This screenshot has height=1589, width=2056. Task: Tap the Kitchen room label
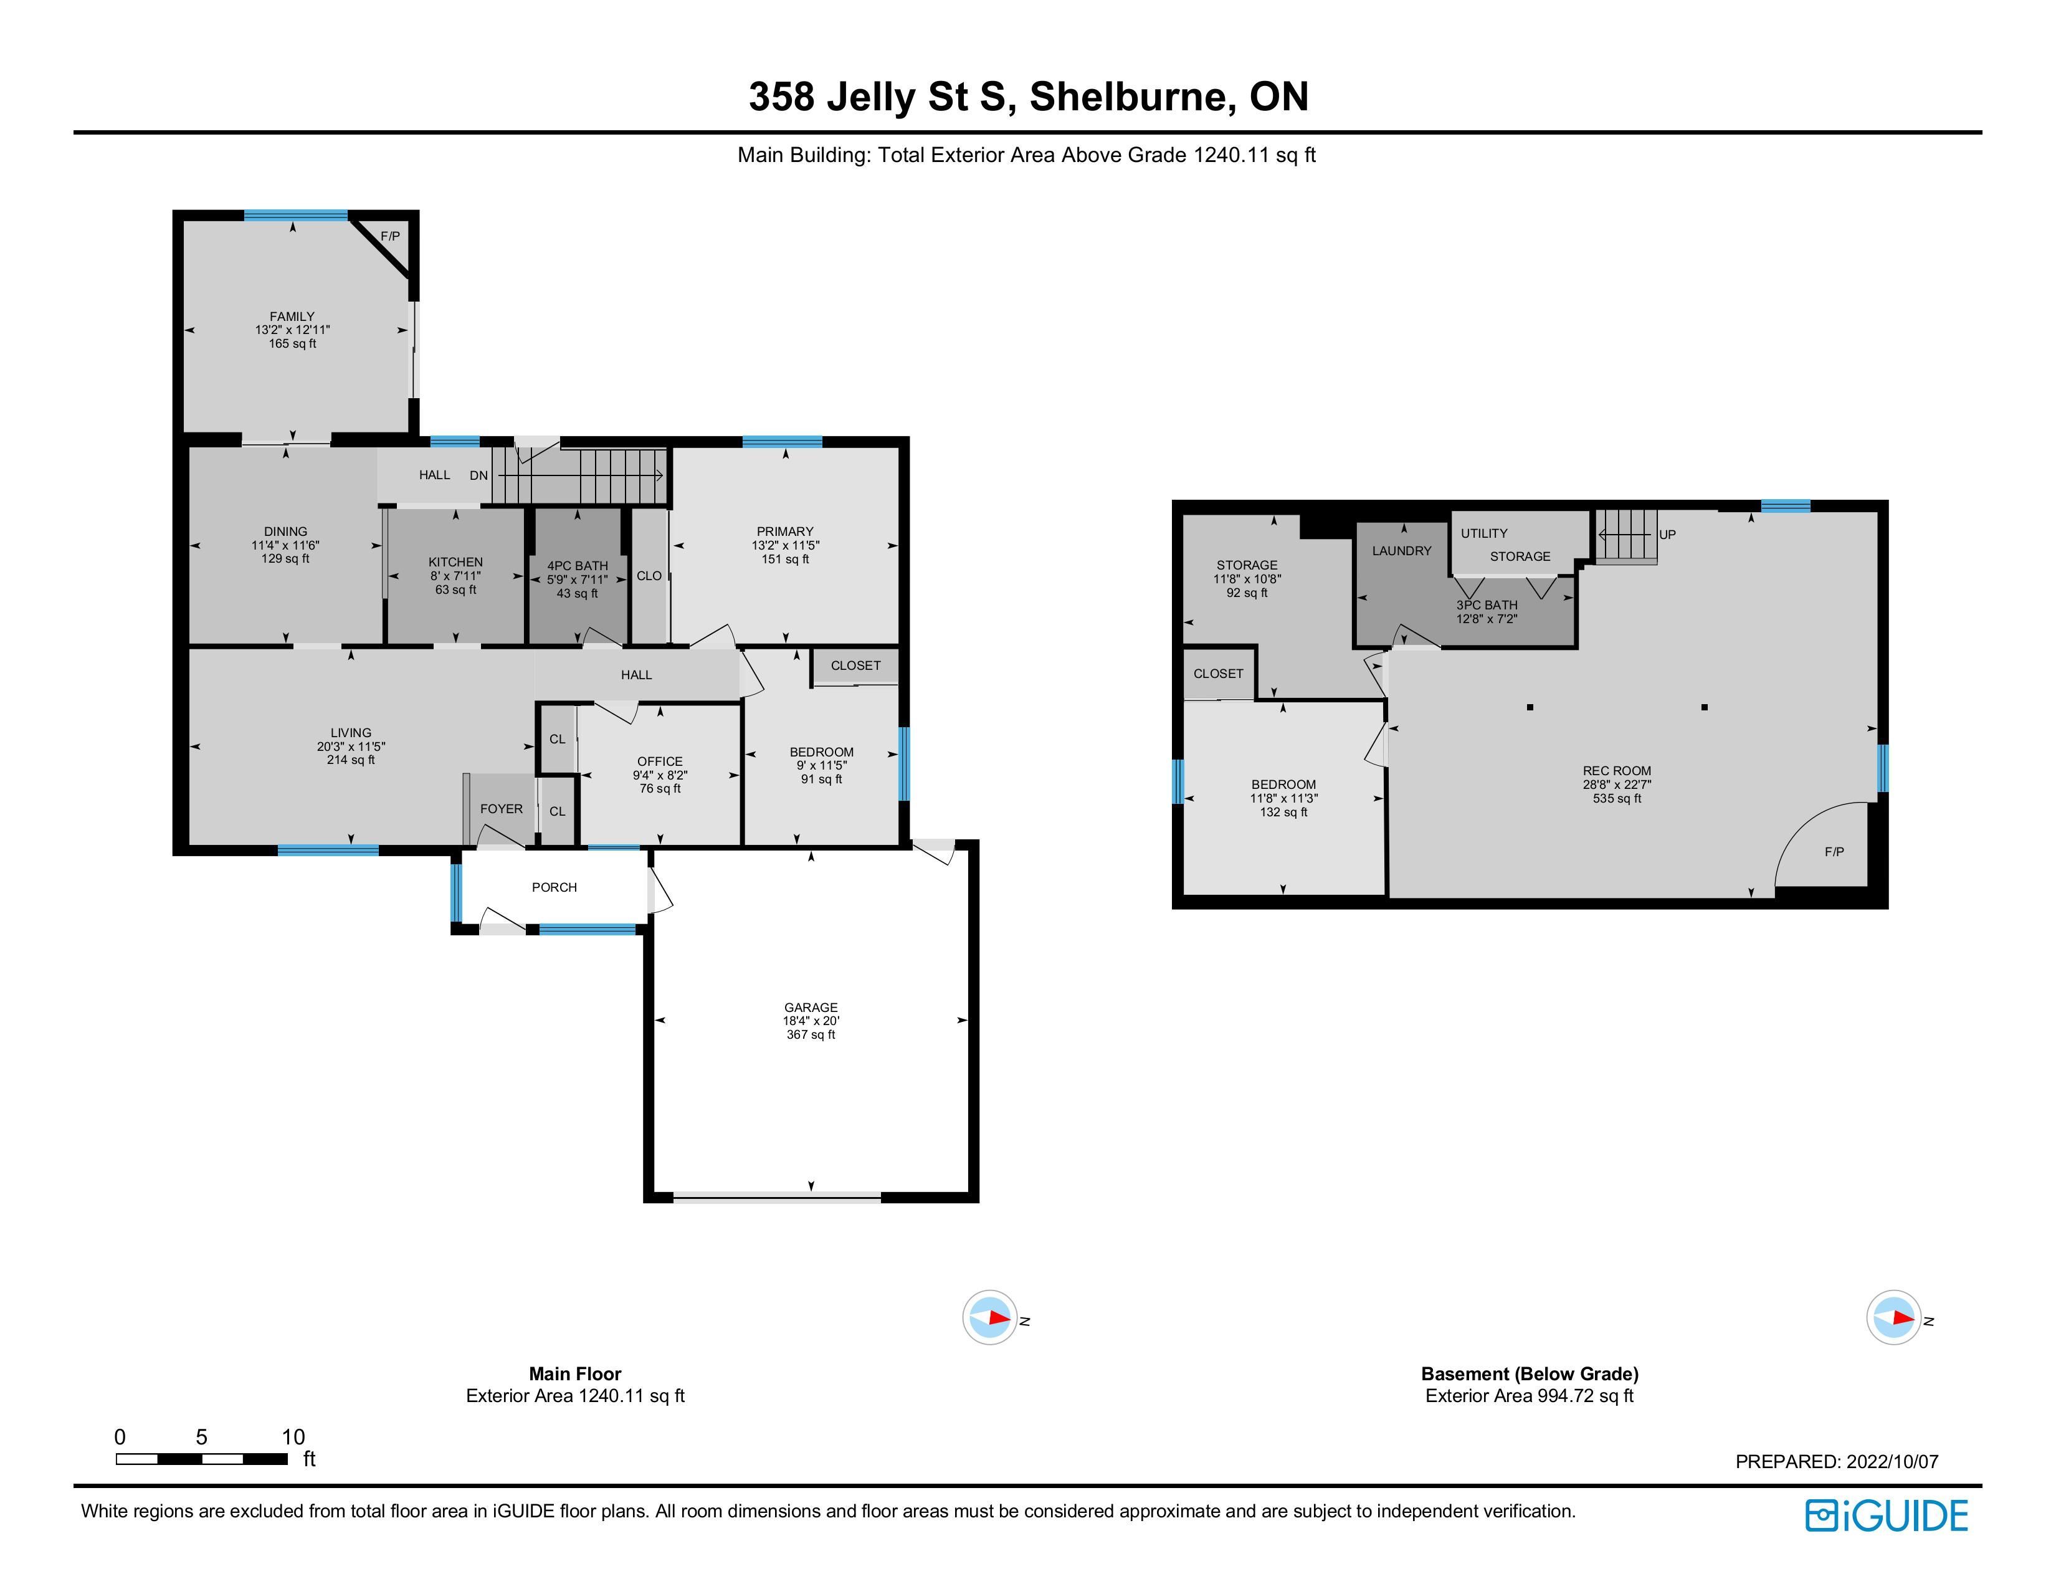pos(455,562)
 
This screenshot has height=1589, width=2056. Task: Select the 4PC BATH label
pos(577,566)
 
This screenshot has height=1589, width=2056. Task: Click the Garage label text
pos(811,1007)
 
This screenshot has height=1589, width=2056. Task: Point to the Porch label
pos(554,887)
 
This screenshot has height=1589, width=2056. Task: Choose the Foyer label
pos(501,809)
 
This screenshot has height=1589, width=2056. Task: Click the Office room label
pos(660,761)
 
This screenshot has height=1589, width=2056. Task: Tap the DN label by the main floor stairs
pos(479,475)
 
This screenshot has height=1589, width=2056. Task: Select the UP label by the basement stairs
pos(1667,535)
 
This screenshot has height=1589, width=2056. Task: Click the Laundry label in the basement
pos(1402,551)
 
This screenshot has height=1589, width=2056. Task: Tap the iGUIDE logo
pos(1887,1515)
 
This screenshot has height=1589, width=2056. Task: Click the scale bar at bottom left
pos(201,1459)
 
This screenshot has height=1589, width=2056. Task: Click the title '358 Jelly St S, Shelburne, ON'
pos(1028,97)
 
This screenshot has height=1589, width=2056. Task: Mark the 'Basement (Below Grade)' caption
pos(1530,1373)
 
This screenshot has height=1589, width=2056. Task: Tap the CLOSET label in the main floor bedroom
pos(855,666)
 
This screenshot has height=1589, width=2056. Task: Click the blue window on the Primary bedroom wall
pos(783,442)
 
